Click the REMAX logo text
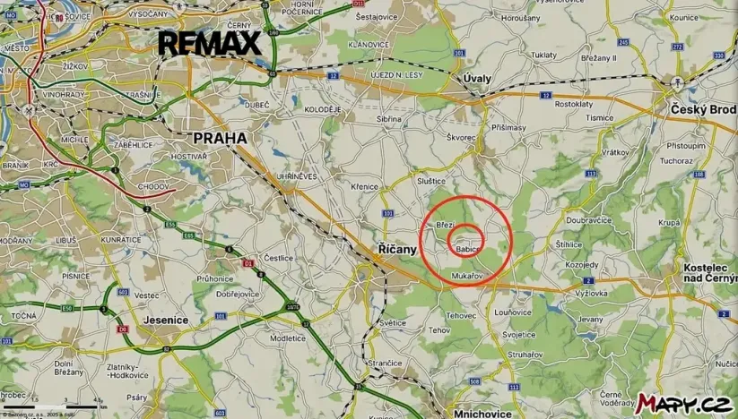(x=209, y=43)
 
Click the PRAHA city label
(x=220, y=139)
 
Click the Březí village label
(x=446, y=225)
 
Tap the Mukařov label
(x=468, y=276)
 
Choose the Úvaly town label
(x=477, y=79)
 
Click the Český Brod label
(x=702, y=109)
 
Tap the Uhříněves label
(x=298, y=176)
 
